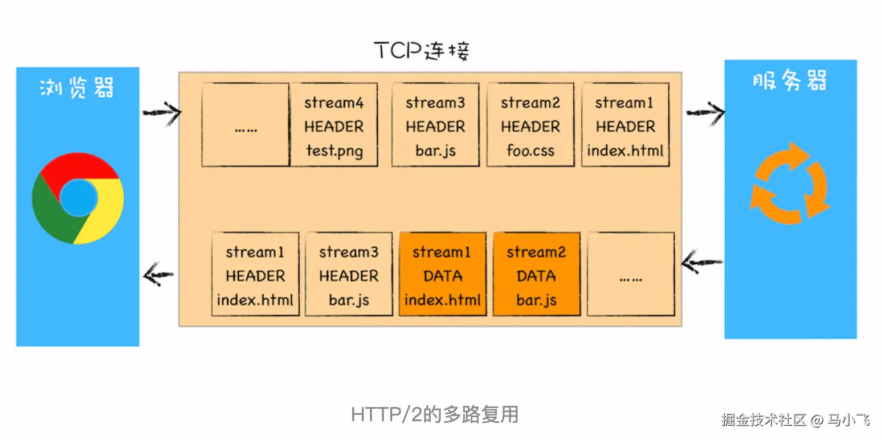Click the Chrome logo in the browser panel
click(x=78, y=198)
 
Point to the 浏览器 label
click(x=77, y=88)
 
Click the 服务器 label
click(x=790, y=82)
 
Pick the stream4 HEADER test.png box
click(x=334, y=125)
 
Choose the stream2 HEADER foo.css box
click(x=530, y=125)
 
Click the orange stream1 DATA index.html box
click(x=443, y=274)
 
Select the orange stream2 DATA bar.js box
click(x=536, y=274)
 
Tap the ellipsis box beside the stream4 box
click(x=246, y=125)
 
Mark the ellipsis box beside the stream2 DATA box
click(x=631, y=274)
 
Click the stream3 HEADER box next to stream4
click(x=435, y=125)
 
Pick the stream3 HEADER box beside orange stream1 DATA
click(x=349, y=274)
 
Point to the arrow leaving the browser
click(x=161, y=113)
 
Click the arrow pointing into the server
click(x=705, y=113)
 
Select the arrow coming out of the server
click(x=703, y=263)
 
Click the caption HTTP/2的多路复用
click(x=435, y=414)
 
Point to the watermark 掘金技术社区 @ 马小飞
click(x=795, y=421)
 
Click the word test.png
click(x=334, y=151)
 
